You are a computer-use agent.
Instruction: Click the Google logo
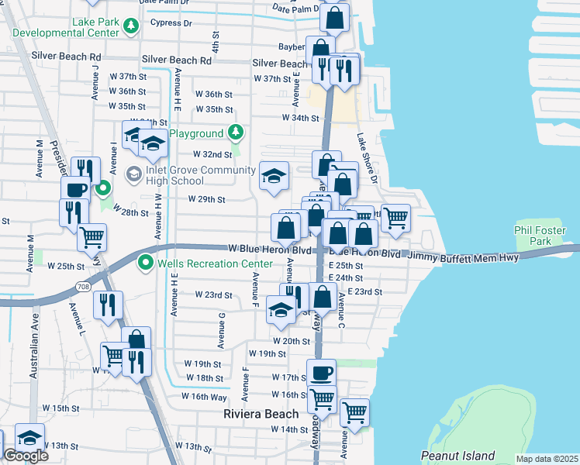26,456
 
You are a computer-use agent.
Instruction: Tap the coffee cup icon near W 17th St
321,372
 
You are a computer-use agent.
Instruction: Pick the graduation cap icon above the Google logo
29,437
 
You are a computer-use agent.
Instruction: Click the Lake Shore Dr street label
366,158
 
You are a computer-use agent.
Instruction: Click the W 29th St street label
206,199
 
